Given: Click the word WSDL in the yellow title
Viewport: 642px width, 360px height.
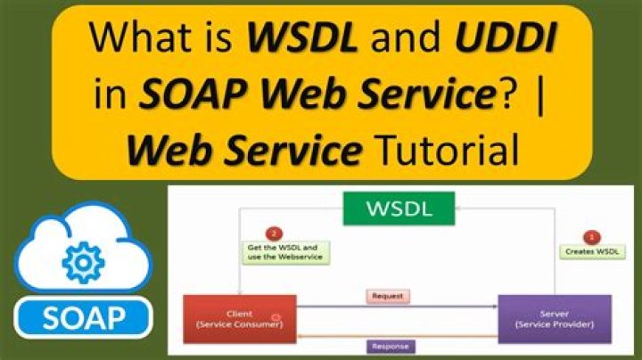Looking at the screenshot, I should click(x=295, y=41).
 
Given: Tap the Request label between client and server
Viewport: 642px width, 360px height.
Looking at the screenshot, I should click(x=387, y=296).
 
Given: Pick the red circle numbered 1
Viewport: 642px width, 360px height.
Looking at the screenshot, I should click(x=591, y=238).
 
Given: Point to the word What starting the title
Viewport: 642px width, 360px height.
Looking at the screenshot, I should click(x=139, y=41).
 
